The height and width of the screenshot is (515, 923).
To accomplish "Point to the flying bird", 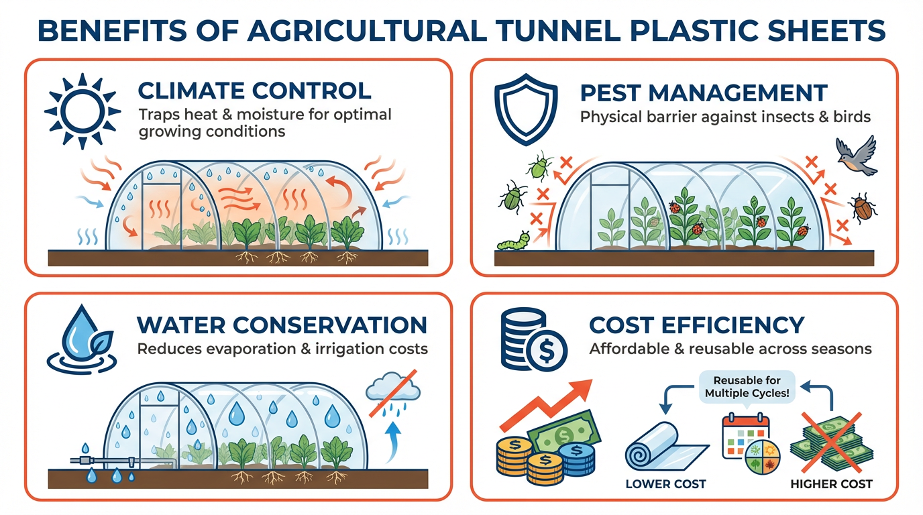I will (x=857, y=155).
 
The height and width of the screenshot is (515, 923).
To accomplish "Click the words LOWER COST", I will (x=665, y=483).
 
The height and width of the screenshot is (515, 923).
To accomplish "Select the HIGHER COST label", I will (x=832, y=483).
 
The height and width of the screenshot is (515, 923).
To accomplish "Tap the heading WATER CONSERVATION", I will (x=281, y=325).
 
